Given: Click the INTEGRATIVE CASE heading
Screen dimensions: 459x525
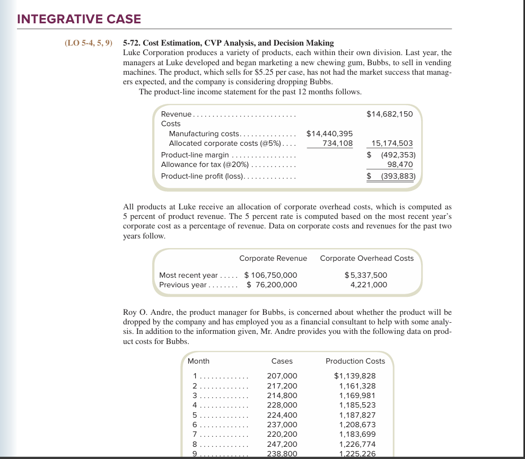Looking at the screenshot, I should (79, 20).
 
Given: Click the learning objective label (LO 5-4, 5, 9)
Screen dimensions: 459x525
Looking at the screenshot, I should (88, 43).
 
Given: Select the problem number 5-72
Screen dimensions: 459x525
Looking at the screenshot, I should (133, 43).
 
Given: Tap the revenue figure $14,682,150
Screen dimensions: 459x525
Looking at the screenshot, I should (390, 114).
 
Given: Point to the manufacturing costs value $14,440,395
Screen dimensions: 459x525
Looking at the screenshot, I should (330, 134).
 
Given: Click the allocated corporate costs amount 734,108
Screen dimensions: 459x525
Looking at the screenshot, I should (337, 144).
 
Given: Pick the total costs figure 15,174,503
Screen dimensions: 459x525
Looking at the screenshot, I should (392, 144).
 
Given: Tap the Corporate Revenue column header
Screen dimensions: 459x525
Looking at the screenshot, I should (273, 258).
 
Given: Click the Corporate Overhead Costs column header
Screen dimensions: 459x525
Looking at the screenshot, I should (367, 258).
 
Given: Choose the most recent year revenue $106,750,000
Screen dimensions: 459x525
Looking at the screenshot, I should (270, 275).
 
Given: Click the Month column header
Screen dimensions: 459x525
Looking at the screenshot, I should (199, 361).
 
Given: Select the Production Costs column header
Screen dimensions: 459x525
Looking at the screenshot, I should (355, 361).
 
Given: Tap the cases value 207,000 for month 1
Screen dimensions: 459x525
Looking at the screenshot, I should (282, 376).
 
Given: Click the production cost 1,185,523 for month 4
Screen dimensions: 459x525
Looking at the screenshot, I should (357, 405).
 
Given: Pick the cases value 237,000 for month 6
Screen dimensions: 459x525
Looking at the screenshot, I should (282, 425).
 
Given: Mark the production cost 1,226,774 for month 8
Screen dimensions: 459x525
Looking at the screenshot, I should (357, 444).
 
